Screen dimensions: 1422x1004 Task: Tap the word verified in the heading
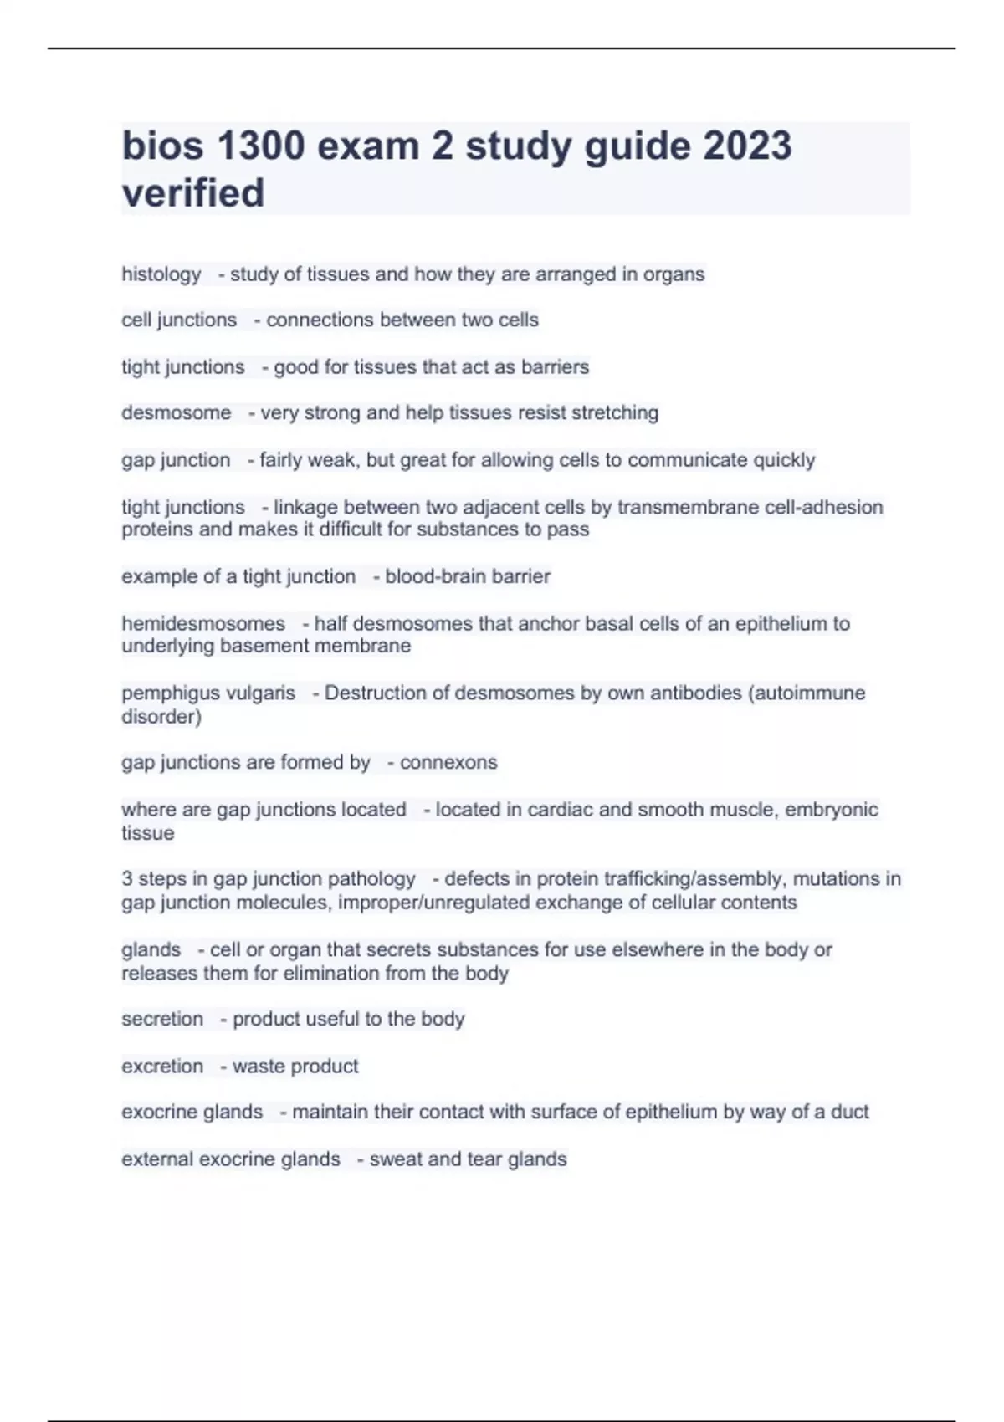point(193,192)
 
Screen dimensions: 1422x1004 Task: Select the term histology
point(161,274)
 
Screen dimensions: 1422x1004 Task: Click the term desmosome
point(177,412)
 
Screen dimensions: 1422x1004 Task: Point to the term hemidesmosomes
point(203,623)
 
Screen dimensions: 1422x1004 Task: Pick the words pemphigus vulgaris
point(208,693)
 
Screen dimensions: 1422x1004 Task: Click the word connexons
point(448,762)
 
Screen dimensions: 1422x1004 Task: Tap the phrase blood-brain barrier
point(468,576)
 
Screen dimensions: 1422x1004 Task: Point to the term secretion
point(162,1019)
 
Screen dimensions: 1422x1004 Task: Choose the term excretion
point(162,1066)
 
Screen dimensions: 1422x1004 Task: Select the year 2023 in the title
point(747,146)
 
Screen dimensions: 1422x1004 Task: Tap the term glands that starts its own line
point(151,949)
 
